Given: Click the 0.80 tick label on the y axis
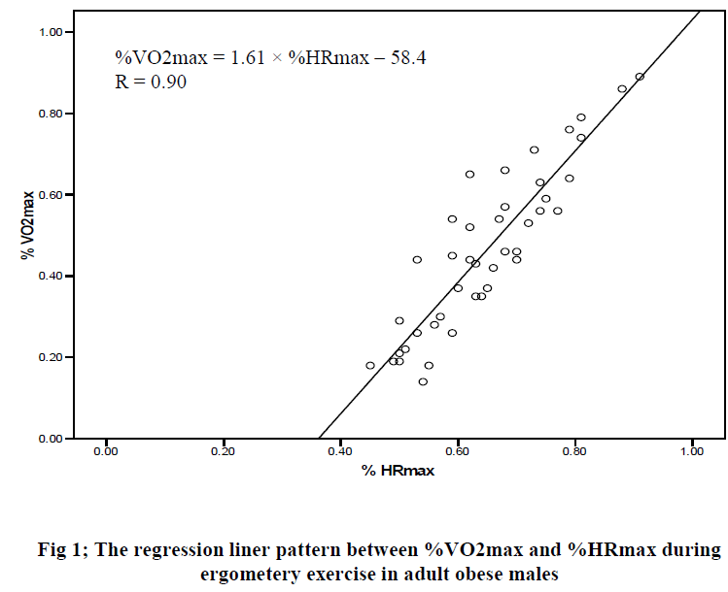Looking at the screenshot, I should point(50,114).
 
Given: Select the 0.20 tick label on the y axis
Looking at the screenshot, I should point(50,357).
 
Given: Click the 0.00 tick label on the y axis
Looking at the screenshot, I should point(50,439).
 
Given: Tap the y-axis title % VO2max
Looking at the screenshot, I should point(28,224).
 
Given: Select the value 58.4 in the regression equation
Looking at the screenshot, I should point(408,58).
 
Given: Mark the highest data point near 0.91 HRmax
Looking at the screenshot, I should point(640,77).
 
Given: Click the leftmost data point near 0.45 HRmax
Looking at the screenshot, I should point(370,366).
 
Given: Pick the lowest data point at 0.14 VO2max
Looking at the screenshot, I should point(423,381).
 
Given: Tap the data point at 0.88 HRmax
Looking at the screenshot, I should point(622,89).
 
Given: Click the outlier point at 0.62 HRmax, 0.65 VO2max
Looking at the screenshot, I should point(469,175).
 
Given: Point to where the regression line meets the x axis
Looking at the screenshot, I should point(320,438).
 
